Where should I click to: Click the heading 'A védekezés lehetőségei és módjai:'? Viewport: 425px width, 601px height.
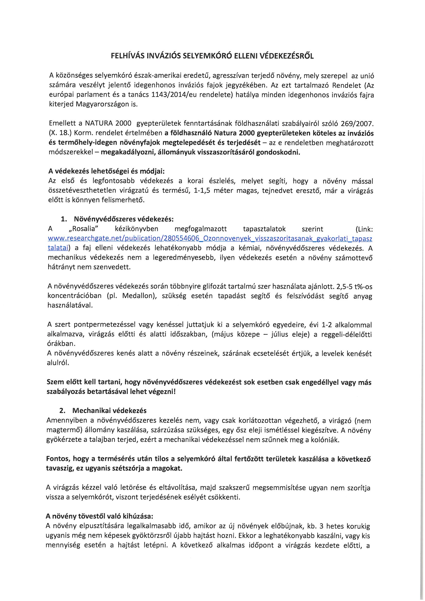(x=107, y=171)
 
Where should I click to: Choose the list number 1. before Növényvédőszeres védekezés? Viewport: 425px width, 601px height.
(x=63, y=219)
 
